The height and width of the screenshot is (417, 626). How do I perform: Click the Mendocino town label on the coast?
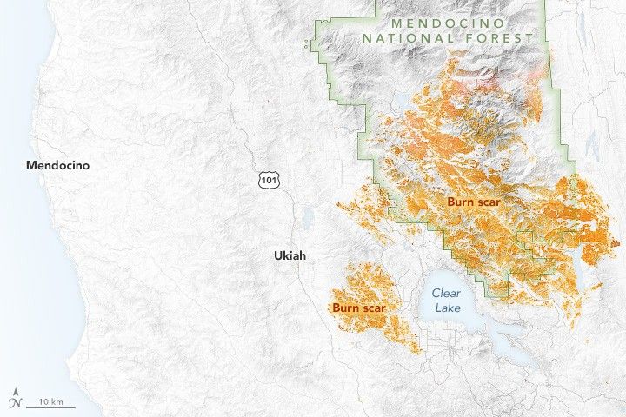(57, 165)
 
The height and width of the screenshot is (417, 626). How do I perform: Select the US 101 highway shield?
(267, 178)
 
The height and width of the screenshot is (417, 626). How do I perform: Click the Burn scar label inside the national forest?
(475, 202)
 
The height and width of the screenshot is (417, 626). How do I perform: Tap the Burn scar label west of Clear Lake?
(357, 308)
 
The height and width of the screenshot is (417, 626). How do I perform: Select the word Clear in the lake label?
(446, 294)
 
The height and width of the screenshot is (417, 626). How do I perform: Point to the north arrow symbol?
(15, 401)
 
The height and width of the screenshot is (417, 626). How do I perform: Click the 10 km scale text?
(49, 401)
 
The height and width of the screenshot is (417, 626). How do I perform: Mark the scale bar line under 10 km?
(50, 407)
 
